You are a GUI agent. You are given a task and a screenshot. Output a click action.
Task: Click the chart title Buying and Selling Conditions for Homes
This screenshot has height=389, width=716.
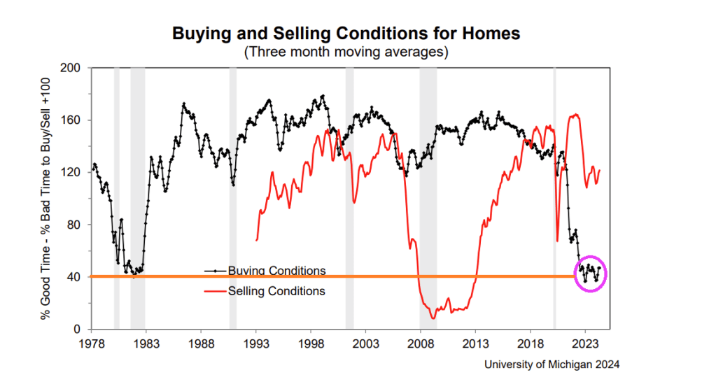pyautogui.click(x=346, y=34)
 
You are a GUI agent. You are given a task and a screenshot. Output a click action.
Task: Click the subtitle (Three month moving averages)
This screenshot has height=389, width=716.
pyautogui.click(x=346, y=52)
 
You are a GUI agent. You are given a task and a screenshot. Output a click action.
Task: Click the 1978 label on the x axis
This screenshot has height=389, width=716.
pyautogui.click(x=92, y=344)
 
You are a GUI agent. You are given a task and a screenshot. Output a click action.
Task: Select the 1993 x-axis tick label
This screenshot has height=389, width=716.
pyautogui.click(x=256, y=344)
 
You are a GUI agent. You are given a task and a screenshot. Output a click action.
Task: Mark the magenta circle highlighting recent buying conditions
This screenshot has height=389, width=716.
pyautogui.click(x=589, y=273)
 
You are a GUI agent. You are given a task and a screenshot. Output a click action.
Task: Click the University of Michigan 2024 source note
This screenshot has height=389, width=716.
pyautogui.click(x=552, y=365)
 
